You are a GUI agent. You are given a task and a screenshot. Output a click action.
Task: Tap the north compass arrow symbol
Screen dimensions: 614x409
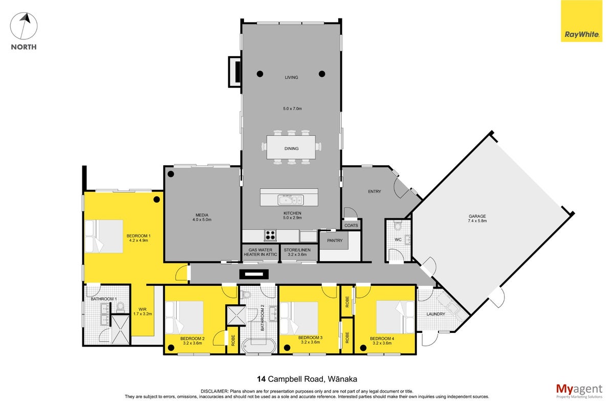pyautogui.click(x=24, y=26)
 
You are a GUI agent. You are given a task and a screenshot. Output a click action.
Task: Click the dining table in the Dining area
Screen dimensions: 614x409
pyautogui.click(x=291, y=147)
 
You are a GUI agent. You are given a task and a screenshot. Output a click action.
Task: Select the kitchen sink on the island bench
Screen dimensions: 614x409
pyautogui.click(x=290, y=200)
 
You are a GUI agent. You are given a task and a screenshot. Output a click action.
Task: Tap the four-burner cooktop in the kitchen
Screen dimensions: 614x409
pyautogui.click(x=270, y=235)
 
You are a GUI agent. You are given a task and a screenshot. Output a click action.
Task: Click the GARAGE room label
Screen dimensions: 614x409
pyautogui.click(x=477, y=216)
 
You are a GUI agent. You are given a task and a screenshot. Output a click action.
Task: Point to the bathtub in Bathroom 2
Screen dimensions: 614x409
pyautogui.click(x=258, y=346)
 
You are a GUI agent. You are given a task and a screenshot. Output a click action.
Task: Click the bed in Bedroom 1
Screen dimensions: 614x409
pyautogui.click(x=104, y=236)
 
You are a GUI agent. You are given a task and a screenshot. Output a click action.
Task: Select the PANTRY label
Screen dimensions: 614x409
pyautogui.click(x=335, y=240)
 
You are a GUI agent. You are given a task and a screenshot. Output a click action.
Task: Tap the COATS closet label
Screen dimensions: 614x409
pyautogui.click(x=351, y=225)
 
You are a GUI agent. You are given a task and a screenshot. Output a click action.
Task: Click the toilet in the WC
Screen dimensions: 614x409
pyautogui.click(x=398, y=226)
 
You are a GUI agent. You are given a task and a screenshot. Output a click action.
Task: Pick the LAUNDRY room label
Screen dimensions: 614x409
pyautogui.click(x=435, y=314)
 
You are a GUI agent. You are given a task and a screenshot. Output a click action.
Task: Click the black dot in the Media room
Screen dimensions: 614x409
pyautogui.click(x=171, y=174)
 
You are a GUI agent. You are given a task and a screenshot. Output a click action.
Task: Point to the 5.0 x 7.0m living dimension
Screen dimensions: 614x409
pyautogui.click(x=292, y=108)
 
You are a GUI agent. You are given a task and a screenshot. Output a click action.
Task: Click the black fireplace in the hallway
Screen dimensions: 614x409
pyautogui.click(x=254, y=274)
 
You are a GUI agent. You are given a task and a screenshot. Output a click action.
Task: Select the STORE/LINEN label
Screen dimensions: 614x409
pyautogui.click(x=297, y=250)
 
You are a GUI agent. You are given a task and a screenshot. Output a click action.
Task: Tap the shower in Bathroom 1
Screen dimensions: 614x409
pyautogui.click(x=120, y=330)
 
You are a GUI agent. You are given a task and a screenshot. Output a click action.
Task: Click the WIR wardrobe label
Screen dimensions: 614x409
pyautogui.click(x=143, y=309)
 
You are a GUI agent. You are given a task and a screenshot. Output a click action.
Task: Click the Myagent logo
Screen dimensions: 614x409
pyautogui.click(x=579, y=391)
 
